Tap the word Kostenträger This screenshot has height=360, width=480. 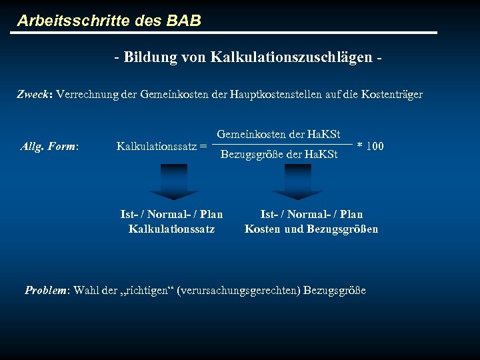click(392, 95)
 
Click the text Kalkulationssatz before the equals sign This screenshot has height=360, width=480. click(156, 146)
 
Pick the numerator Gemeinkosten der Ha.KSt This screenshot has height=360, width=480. click(279, 134)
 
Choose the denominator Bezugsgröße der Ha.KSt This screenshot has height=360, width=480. click(279, 155)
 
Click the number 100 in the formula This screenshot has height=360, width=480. click(375, 146)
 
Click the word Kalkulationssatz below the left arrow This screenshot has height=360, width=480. click(171, 229)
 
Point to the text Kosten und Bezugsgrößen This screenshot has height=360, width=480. click(311, 229)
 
